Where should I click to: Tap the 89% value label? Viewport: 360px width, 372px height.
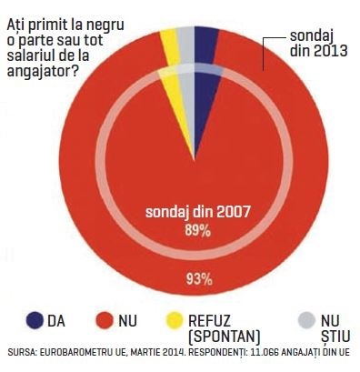point(198,231)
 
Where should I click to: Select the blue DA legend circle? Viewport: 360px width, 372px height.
point(35,320)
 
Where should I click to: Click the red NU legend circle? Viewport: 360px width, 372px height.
point(105,320)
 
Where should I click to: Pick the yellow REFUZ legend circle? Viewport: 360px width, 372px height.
point(175,320)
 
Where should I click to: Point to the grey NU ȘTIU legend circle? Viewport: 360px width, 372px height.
point(306,320)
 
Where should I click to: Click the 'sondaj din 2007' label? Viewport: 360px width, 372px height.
point(198,212)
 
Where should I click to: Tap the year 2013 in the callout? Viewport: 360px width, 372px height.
point(330,50)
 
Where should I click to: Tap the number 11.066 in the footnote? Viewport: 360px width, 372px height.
point(263,353)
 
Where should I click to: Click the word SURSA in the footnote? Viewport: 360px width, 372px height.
point(22,353)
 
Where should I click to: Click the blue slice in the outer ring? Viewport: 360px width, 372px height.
point(205,45)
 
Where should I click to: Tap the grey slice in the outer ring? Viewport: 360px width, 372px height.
point(185,45)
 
